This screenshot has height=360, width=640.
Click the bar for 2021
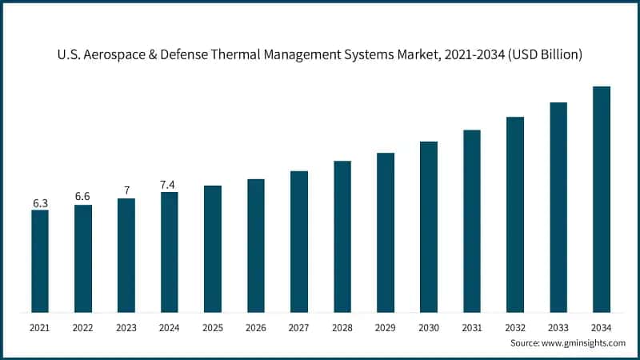[40, 261]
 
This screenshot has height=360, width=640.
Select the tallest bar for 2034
[601, 199]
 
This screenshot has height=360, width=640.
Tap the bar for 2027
[299, 242]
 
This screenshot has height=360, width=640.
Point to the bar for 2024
[170, 252]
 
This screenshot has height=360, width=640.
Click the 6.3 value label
[40, 204]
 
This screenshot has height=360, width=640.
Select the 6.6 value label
[83, 197]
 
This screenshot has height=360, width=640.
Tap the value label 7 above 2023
[126, 190]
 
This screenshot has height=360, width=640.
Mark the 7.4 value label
[169, 184]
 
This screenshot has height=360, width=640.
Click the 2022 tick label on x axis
[83, 327]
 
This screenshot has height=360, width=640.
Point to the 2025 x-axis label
[213, 327]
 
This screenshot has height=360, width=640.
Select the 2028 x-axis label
[342, 327]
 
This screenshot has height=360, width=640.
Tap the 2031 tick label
[472, 327]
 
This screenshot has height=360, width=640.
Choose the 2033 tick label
[558, 327]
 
